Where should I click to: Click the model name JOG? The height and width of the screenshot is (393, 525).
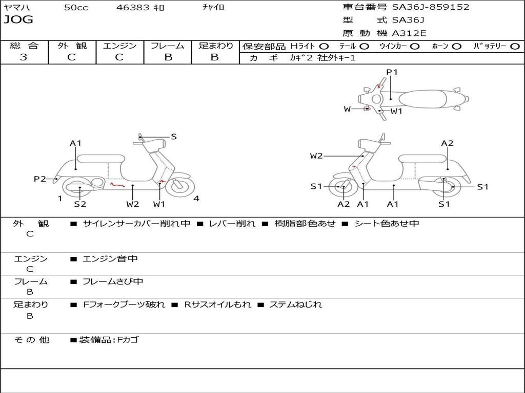(x=18, y=20)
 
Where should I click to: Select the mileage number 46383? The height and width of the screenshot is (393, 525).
(x=133, y=8)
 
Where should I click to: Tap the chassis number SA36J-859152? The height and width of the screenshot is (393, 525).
(x=431, y=7)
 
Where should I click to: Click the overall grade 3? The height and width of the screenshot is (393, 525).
(x=24, y=57)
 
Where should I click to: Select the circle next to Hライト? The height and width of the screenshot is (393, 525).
(x=324, y=46)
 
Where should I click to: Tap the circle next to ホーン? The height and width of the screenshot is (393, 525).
(x=457, y=46)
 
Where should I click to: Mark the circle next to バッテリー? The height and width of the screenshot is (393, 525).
(x=515, y=46)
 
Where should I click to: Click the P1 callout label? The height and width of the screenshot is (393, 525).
(x=392, y=72)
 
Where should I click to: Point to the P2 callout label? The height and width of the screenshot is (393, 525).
(x=39, y=179)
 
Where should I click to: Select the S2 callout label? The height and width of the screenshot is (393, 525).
(x=80, y=204)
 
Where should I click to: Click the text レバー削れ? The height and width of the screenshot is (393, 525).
(x=232, y=224)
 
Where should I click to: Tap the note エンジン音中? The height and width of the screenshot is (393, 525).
(x=110, y=259)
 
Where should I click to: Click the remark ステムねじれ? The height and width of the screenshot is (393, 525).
(x=296, y=304)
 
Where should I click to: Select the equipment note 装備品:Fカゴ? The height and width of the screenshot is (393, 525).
(x=109, y=340)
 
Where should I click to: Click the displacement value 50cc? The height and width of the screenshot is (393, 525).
(x=76, y=8)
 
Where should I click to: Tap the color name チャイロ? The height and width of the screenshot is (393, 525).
(x=213, y=8)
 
